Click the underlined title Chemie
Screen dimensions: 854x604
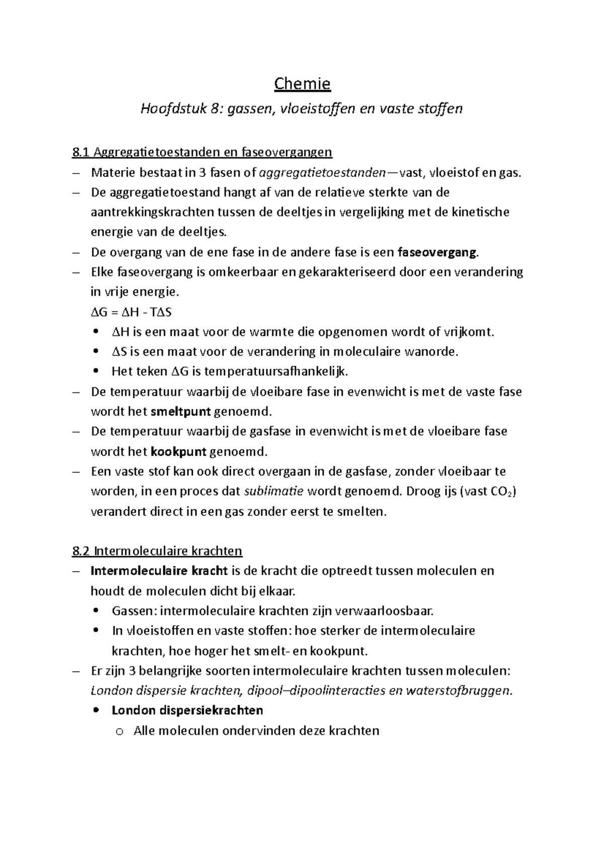302,83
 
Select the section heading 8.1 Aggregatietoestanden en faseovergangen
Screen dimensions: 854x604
202,152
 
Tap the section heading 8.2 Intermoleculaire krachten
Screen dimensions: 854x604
157,551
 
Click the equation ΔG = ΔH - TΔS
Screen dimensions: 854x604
131,312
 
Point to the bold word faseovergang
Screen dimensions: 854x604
436,252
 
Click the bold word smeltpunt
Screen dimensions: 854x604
181,411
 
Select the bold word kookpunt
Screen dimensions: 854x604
179,451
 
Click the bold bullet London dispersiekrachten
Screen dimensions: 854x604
187,710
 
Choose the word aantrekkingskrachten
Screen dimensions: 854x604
152,212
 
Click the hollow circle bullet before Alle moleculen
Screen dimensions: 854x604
119,732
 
